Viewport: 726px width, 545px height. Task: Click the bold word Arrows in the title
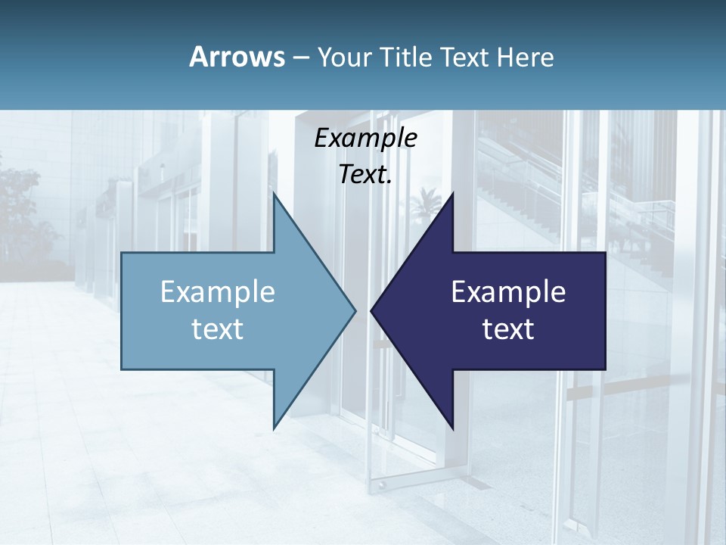click(236, 57)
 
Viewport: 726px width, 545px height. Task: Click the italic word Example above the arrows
click(365, 139)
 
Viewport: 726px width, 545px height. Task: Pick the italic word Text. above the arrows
click(365, 174)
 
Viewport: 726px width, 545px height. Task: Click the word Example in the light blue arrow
click(218, 291)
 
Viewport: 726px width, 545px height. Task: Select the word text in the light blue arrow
click(218, 329)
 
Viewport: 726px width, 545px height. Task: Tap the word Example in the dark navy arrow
click(508, 291)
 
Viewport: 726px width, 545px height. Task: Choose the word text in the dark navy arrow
click(508, 329)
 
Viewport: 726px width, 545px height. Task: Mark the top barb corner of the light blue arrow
click(274, 194)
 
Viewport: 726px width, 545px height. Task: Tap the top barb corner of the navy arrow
click(453, 194)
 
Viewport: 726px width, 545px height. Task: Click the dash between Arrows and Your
click(300, 58)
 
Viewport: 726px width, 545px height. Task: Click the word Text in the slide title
click(466, 57)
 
